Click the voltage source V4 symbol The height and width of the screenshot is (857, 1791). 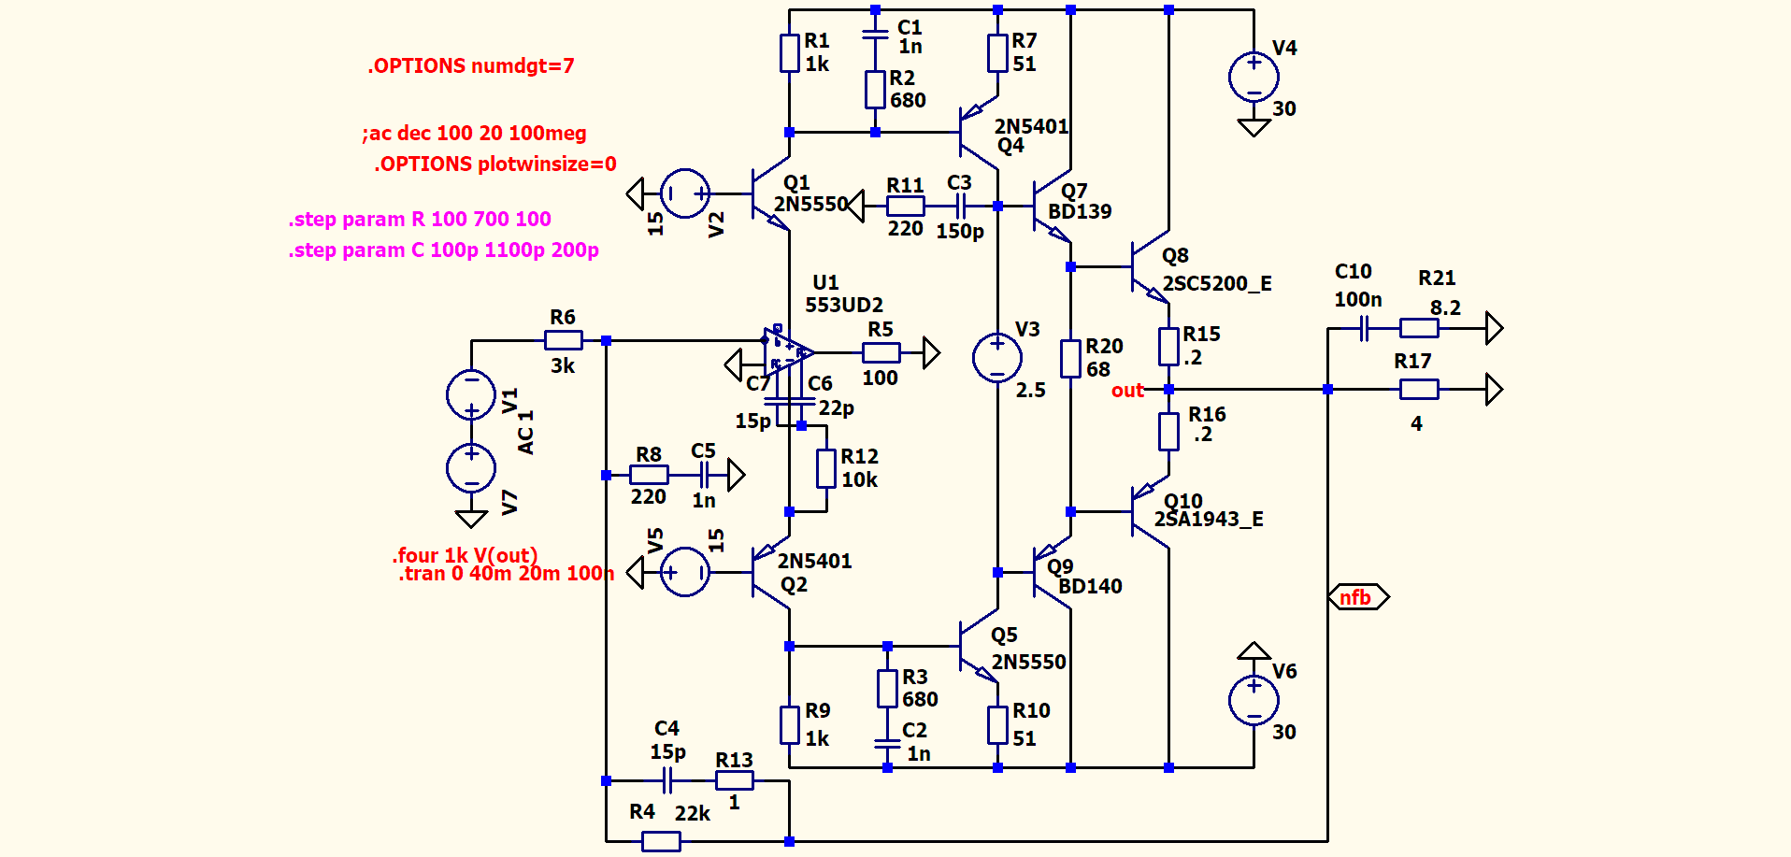click(x=1254, y=77)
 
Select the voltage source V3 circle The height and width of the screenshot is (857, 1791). click(x=997, y=358)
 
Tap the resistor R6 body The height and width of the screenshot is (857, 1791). click(x=564, y=341)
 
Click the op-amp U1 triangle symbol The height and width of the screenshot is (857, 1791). click(x=786, y=353)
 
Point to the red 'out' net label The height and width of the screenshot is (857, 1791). click(x=1127, y=391)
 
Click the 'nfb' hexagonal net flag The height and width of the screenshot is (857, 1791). click(x=1357, y=597)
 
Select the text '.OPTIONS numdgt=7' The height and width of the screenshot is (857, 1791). click(x=471, y=66)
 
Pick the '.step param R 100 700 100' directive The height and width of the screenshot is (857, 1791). click(x=420, y=220)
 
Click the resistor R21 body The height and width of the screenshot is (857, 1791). click(x=1418, y=328)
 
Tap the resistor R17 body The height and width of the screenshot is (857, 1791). click(x=1418, y=390)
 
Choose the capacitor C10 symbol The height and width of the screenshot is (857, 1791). click(x=1364, y=328)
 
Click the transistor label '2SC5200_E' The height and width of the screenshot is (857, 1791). click(x=1217, y=284)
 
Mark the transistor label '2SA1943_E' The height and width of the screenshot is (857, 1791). click(x=1209, y=520)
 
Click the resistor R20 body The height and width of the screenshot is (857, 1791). click(x=1070, y=358)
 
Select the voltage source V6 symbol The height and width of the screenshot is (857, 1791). click(x=1254, y=700)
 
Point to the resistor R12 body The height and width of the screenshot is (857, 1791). click(x=826, y=468)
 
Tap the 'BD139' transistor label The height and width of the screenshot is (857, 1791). click(x=1080, y=212)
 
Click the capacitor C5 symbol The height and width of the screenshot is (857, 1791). click(x=706, y=475)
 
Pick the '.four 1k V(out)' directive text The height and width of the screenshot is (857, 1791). click(x=465, y=555)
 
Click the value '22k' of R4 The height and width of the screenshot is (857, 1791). click(x=693, y=814)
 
